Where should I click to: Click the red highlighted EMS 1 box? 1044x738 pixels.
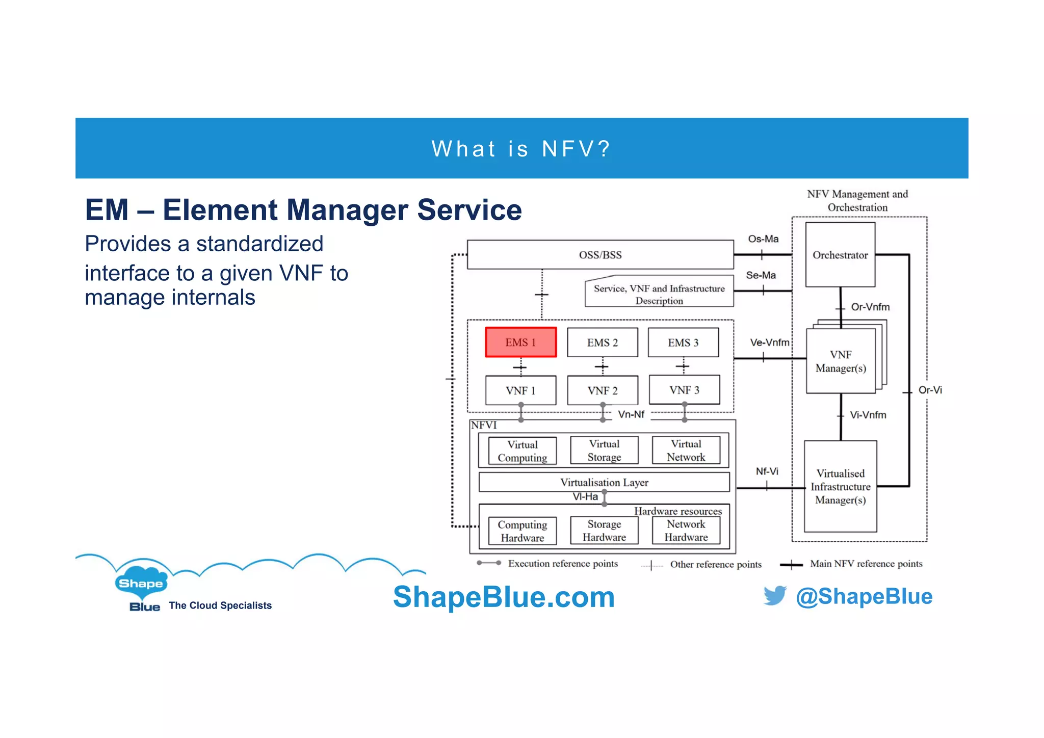pyautogui.click(x=520, y=342)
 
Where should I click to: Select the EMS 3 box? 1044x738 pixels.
pyautogui.click(x=683, y=342)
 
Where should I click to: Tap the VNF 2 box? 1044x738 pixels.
pyautogui.click(x=602, y=390)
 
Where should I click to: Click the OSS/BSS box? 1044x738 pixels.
pyautogui.click(x=600, y=255)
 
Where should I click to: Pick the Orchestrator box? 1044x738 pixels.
pyautogui.click(x=840, y=255)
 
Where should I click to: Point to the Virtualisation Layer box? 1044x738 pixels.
pyautogui.click(x=604, y=482)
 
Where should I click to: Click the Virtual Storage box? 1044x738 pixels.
pyautogui.click(x=604, y=451)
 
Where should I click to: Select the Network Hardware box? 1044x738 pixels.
pyautogui.click(x=686, y=531)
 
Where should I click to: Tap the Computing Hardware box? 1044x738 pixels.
pyautogui.click(x=522, y=531)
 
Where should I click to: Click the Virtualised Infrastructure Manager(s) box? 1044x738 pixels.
pyautogui.click(x=840, y=487)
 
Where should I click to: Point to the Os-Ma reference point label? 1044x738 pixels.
pyautogui.click(x=763, y=239)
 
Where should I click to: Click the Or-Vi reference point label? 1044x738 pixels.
pyautogui.click(x=930, y=390)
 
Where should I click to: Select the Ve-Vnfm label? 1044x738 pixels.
pyautogui.click(x=769, y=342)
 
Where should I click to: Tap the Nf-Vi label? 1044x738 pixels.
pyautogui.click(x=767, y=471)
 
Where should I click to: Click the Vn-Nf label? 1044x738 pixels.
pyautogui.click(x=631, y=414)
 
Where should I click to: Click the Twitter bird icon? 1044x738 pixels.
pyautogui.click(x=775, y=595)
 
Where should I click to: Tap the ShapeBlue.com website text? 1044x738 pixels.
pyautogui.click(x=504, y=597)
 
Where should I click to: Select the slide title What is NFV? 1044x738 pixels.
pyautogui.click(x=521, y=149)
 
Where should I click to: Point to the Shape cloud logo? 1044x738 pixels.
pyautogui.click(x=141, y=583)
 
